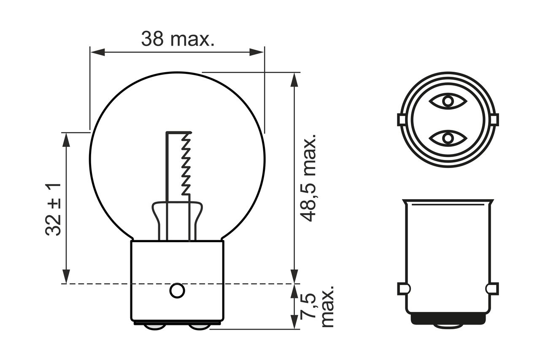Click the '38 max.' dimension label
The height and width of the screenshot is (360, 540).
178,39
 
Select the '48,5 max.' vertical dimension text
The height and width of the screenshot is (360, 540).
309,178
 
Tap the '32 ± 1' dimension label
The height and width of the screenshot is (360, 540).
53,209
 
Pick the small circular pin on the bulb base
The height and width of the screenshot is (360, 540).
177,290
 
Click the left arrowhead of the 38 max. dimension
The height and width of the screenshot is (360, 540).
97,52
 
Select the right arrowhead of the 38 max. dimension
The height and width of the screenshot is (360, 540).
256,52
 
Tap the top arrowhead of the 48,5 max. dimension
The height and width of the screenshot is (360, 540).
294,80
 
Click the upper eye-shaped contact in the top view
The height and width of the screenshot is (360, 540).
448,101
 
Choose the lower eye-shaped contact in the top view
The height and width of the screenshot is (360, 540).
448,138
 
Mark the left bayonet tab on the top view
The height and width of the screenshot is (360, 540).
401,119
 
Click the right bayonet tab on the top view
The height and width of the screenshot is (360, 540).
495,119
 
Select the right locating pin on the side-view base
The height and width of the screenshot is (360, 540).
492,289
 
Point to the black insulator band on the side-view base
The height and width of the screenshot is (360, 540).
448,319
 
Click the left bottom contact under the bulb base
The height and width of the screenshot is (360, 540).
154,327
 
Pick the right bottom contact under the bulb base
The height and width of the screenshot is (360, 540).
200,327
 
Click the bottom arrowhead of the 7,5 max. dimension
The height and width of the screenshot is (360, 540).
294,322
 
